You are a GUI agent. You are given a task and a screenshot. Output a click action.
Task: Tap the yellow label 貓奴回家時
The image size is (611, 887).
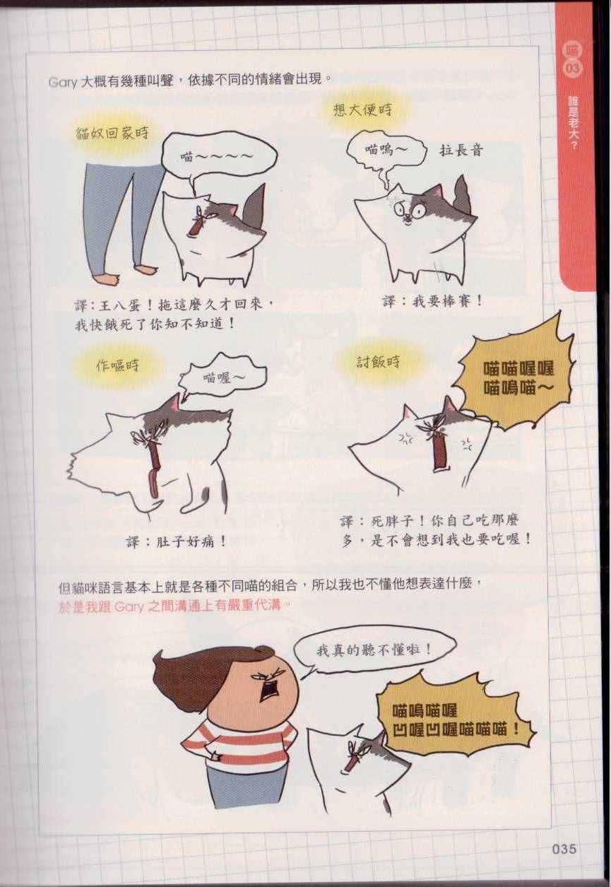tap(112, 133)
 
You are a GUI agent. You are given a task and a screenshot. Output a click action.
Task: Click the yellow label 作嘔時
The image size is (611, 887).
tap(117, 365)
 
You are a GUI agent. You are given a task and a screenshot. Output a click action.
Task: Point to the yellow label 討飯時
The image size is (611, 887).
tap(378, 361)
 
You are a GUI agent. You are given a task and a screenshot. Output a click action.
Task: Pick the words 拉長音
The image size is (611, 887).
tap(461, 151)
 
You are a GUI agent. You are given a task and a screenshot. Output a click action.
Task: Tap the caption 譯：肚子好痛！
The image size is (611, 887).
tap(177, 541)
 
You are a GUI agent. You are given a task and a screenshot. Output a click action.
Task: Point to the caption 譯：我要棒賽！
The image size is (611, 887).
tap(432, 302)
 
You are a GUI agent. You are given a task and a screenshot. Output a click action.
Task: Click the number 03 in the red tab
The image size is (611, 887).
tap(572, 69)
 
